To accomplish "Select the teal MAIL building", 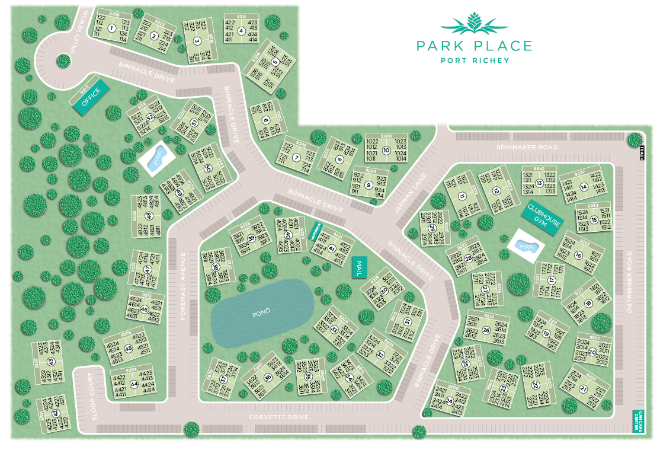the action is pyautogui.click(x=357, y=267).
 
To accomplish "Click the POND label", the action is pyautogui.click(x=261, y=311).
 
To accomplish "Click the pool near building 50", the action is pyautogui.click(x=156, y=158).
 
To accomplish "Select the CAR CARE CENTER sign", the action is pyautogui.click(x=638, y=420).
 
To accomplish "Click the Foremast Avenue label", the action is pyautogui.click(x=183, y=286).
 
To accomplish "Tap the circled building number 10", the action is pyautogui.click(x=386, y=150).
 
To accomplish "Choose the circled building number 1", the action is pyautogui.click(x=111, y=28).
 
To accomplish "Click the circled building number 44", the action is pyautogui.click(x=134, y=384).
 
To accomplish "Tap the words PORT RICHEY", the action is pyautogui.click(x=475, y=60).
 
